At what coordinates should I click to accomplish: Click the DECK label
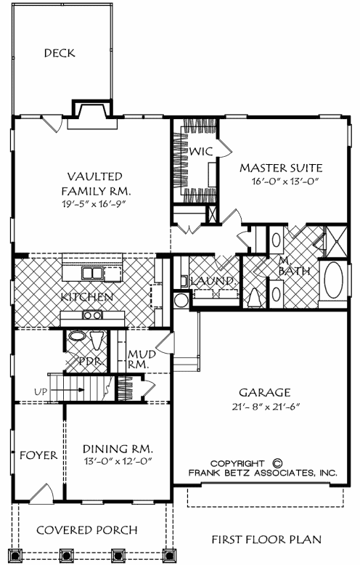(x=60, y=53)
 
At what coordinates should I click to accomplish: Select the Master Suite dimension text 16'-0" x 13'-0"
(x=280, y=181)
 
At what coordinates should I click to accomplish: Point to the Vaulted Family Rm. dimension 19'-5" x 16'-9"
(x=94, y=203)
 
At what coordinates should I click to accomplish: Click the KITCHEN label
(x=86, y=297)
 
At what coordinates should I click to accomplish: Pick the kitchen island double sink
(x=91, y=273)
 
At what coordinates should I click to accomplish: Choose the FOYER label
(x=38, y=455)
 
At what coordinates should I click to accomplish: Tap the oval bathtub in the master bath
(x=335, y=281)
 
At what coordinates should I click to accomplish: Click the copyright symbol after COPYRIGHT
(x=277, y=462)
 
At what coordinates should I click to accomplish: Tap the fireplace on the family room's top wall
(x=90, y=110)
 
